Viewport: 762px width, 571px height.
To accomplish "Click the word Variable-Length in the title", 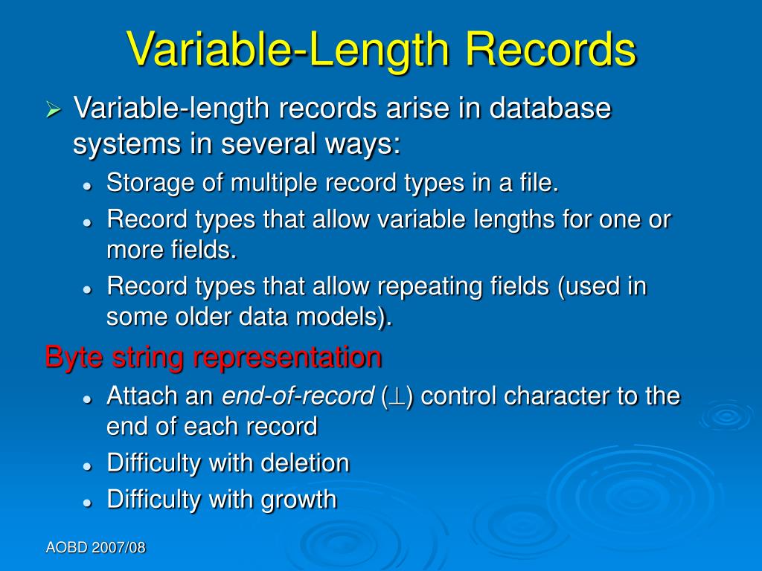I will tap(290, 50).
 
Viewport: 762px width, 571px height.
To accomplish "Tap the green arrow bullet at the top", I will tap(53, 111).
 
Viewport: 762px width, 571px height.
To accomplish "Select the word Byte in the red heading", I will tap(74, 358).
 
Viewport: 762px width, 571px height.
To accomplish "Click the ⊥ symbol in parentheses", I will tap(398, 396).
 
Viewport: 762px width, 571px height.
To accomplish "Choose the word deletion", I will tap(305, 463).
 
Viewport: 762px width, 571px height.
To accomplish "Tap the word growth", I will tap(299, 499).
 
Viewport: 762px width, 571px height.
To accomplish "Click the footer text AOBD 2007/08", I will tap(95, 548).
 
